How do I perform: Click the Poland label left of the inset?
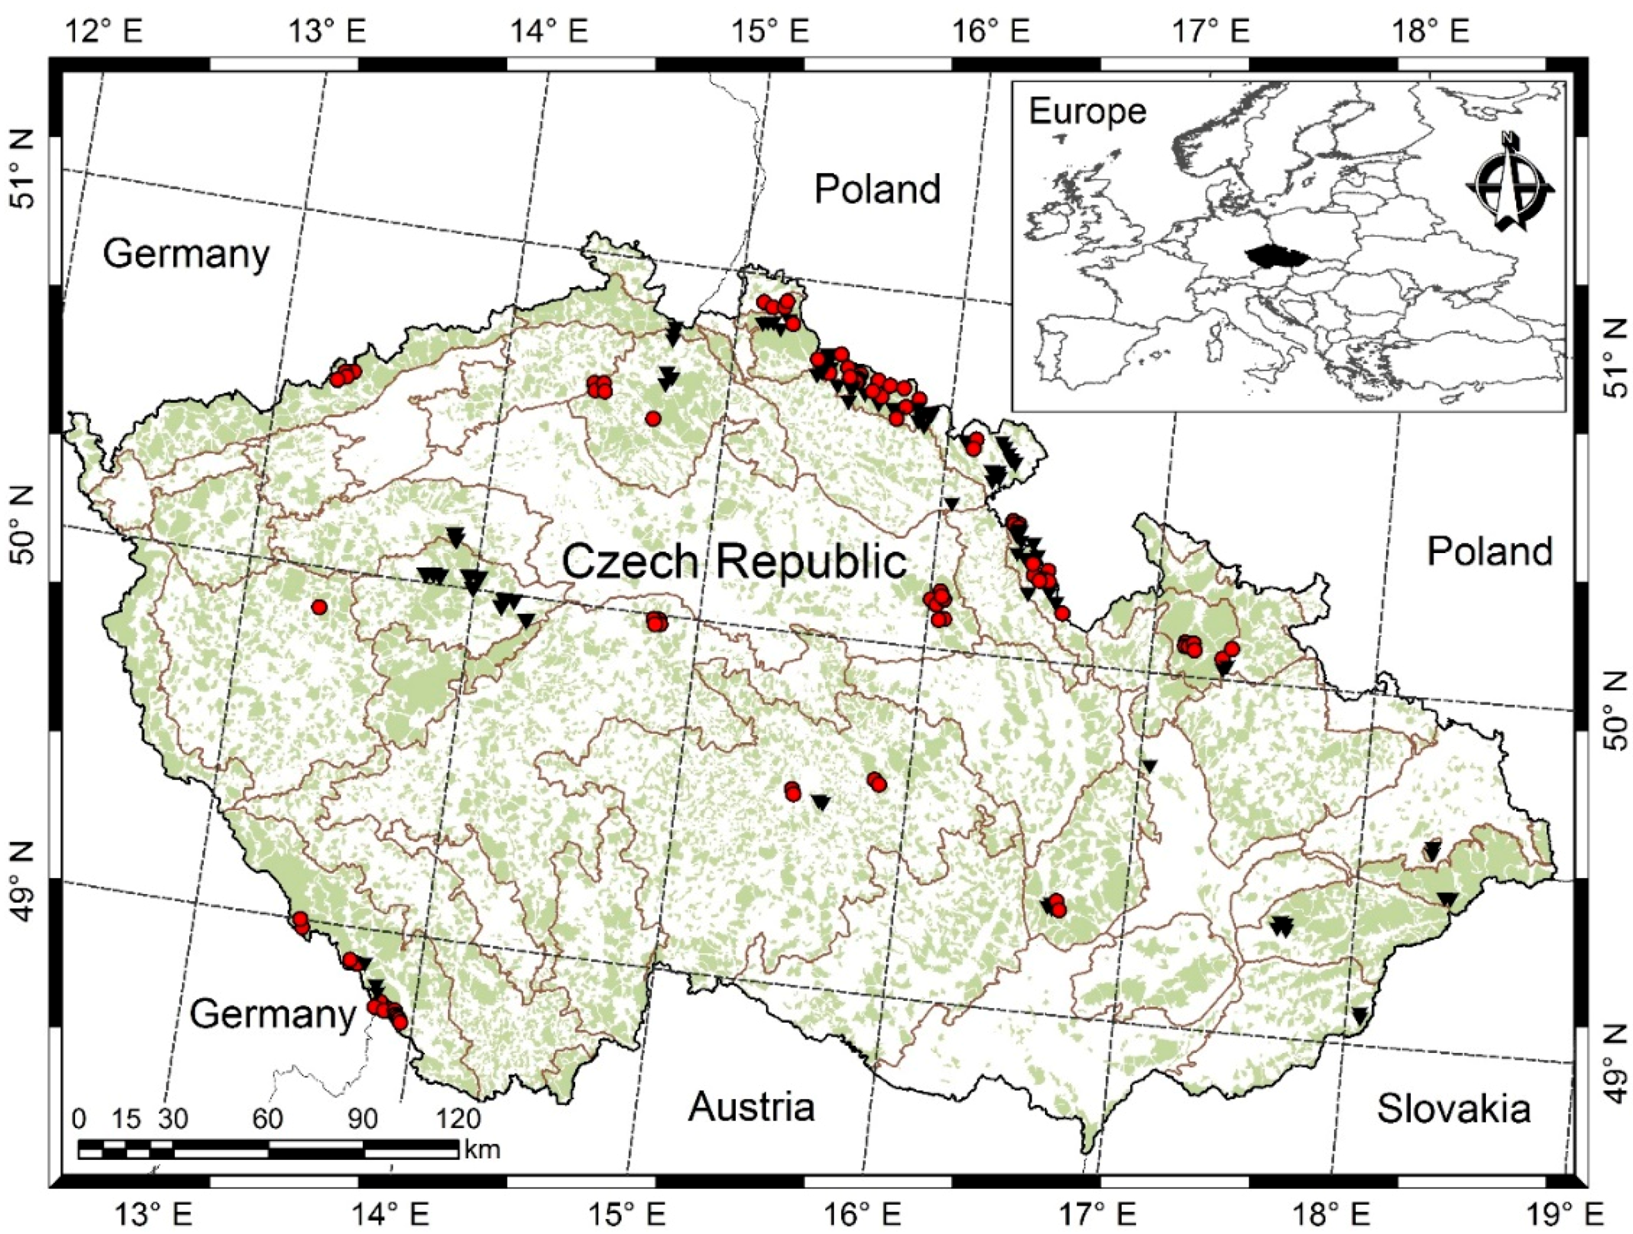point(877,190)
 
